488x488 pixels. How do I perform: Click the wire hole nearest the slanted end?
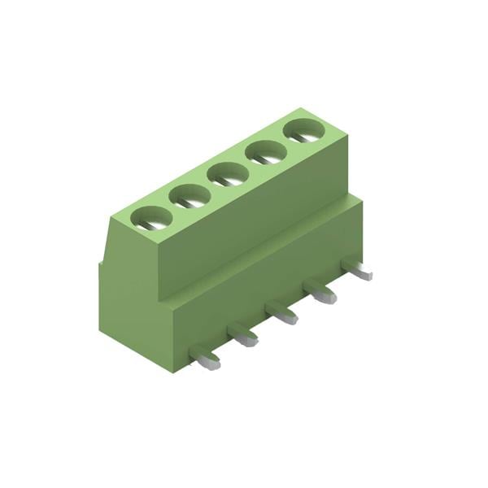point(152,217)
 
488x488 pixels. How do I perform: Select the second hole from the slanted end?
point(190,195)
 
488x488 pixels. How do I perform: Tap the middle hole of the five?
point(227,173)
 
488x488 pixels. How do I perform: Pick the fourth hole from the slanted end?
point(264,151)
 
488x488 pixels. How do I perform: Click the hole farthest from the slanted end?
point(303,129)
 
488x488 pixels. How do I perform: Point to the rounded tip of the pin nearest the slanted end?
point(213,364)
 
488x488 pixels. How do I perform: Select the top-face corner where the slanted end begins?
point(113,215)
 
